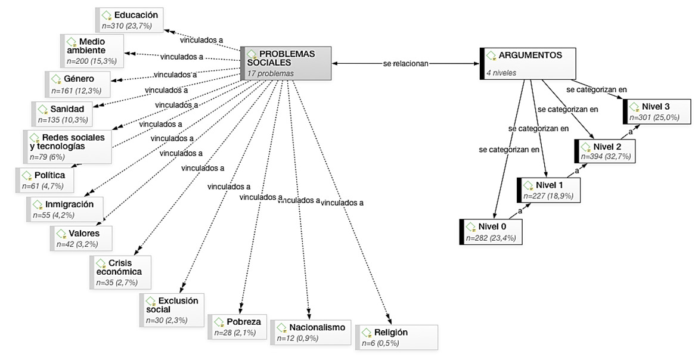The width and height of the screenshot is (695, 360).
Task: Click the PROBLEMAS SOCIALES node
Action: click(286, 63)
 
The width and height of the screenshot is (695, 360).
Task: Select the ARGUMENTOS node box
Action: click(528, 63)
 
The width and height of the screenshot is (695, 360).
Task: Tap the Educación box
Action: click(129, 20)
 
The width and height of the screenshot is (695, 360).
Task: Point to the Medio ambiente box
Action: click(92, 50)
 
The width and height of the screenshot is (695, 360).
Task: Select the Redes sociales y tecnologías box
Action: click(67, 147)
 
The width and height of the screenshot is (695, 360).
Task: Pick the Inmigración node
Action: click(65, 209)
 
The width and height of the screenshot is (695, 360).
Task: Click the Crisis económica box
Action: click(120, 272)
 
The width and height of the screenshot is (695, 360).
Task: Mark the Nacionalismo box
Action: click(311, 333)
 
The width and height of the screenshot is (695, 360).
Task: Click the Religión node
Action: click(396, 337)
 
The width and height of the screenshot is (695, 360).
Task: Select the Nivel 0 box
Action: click(492, 232)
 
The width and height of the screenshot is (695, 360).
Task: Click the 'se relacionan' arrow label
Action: click(405, 63)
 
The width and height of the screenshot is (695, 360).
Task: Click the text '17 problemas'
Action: click(270, 73)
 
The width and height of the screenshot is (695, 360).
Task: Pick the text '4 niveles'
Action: click(501, 73)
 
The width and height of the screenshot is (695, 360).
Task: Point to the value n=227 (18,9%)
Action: click(547, 195)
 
